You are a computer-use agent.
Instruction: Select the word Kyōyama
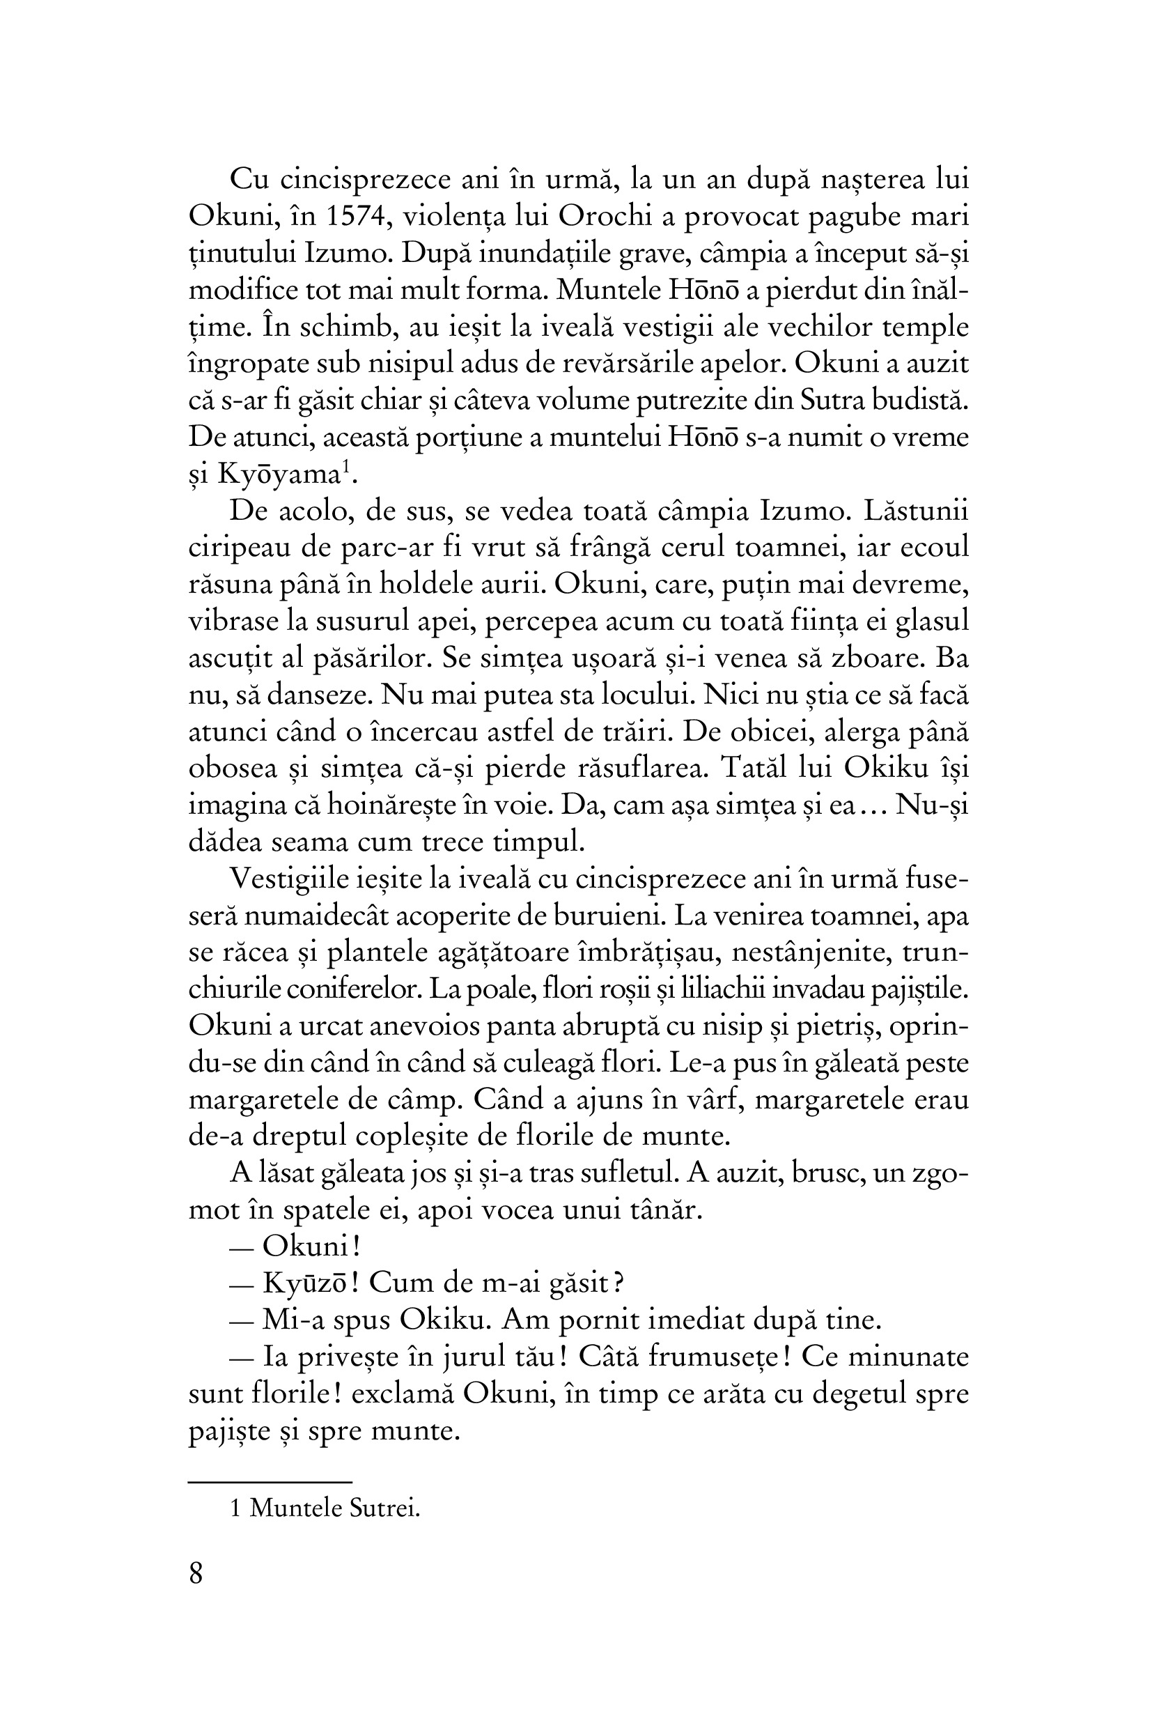pyautogui.click(x=277, y=475)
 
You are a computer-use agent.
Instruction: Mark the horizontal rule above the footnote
pyautogui.click(x=270, y=1483)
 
